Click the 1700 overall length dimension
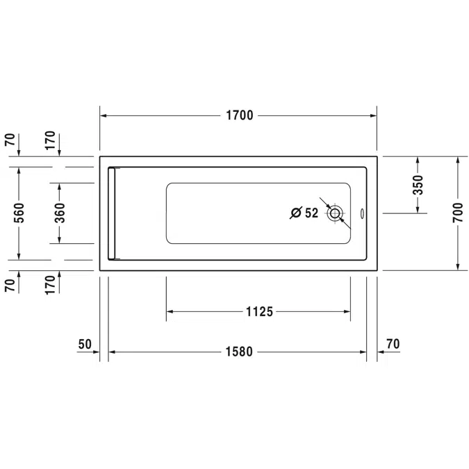click(x=238, y=115)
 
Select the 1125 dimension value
click(x=258, y=312)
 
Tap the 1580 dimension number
click(x=238, y=352)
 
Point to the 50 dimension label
click(x=85, y=343)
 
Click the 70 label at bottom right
click(x=393, y=343)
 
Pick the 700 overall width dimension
click(x=457, y=213)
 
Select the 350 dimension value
click(x=418, y=185)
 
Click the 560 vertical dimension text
click(x=19, y=213)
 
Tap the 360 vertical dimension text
click(x=60, y=213)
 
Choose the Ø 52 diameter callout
click(x=304, y=213)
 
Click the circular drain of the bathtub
click(x=336, y=213)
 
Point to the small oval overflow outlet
click(x=366, y=213)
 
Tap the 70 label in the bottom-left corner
click(x=10, y=285)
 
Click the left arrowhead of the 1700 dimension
click(x=104, y=115)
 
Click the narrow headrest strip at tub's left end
click(x=114, y=213)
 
